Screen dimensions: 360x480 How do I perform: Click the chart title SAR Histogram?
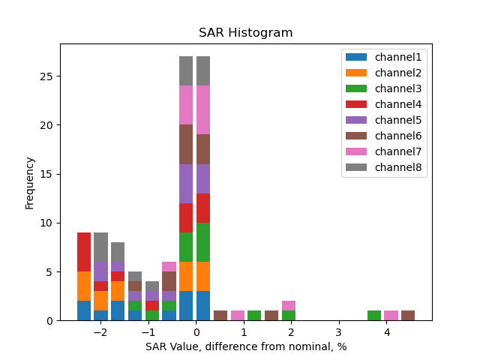click(245, 33)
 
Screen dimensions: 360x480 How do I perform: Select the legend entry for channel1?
click(383, 57)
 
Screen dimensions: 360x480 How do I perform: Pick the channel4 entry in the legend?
click(383, 104)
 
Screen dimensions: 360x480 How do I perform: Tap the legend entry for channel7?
click(383, 151)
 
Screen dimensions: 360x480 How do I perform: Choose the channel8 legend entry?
click(383, 167)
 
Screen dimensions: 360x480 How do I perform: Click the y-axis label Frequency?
click(30, 182)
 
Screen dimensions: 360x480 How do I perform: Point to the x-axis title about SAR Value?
click(245, 346)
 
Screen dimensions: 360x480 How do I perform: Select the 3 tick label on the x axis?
click(339, 331)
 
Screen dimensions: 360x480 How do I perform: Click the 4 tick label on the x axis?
click(387, 331)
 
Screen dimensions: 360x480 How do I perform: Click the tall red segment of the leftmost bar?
click(84, 252)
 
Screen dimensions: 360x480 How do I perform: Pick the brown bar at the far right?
click(408, 316)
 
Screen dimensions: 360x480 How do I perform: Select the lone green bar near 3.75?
click(374, 316)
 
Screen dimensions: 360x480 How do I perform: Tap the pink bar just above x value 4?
click(391, 316)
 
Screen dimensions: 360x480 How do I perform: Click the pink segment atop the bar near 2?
click(289, 306)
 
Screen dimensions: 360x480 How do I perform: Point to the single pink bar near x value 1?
click(238, 316)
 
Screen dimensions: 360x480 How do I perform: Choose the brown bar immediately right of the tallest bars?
click(220, 316)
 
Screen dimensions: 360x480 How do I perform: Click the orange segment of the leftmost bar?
click(84, 286)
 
